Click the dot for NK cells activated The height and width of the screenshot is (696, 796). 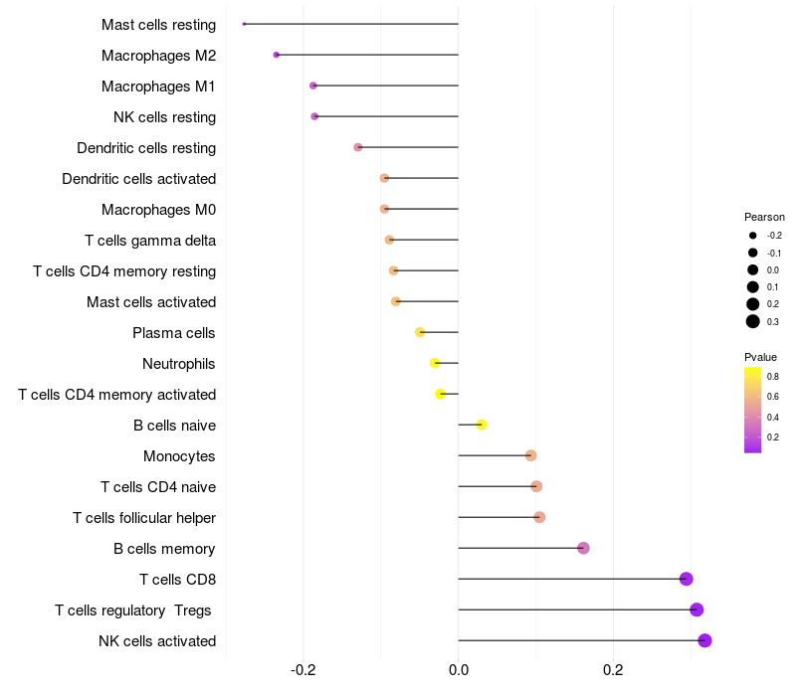[704, 640]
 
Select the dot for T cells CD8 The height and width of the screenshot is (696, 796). [686, 579]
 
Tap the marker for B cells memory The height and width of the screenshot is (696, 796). [583, 548]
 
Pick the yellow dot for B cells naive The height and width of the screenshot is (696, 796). [482, 425]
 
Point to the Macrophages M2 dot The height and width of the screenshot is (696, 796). [277, 55]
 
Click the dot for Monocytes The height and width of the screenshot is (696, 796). [530, 455]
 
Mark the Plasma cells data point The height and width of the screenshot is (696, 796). [420, 332]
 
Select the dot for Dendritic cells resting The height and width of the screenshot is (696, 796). [358, 147]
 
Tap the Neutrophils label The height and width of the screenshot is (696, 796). [179, 363]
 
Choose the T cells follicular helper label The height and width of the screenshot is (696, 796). [144, 517]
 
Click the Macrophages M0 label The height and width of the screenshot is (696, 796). [158, 209]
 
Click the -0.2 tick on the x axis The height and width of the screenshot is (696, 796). [303, 672]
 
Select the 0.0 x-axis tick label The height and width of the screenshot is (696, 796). [459, 672]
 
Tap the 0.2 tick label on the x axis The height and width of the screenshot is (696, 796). [613, 672]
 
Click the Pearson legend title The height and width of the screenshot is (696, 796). [764, 217]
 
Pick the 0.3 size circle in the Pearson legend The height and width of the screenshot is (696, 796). [753, 321]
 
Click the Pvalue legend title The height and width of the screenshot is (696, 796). [760, 357]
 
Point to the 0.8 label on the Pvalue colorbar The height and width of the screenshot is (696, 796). [773, 376]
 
